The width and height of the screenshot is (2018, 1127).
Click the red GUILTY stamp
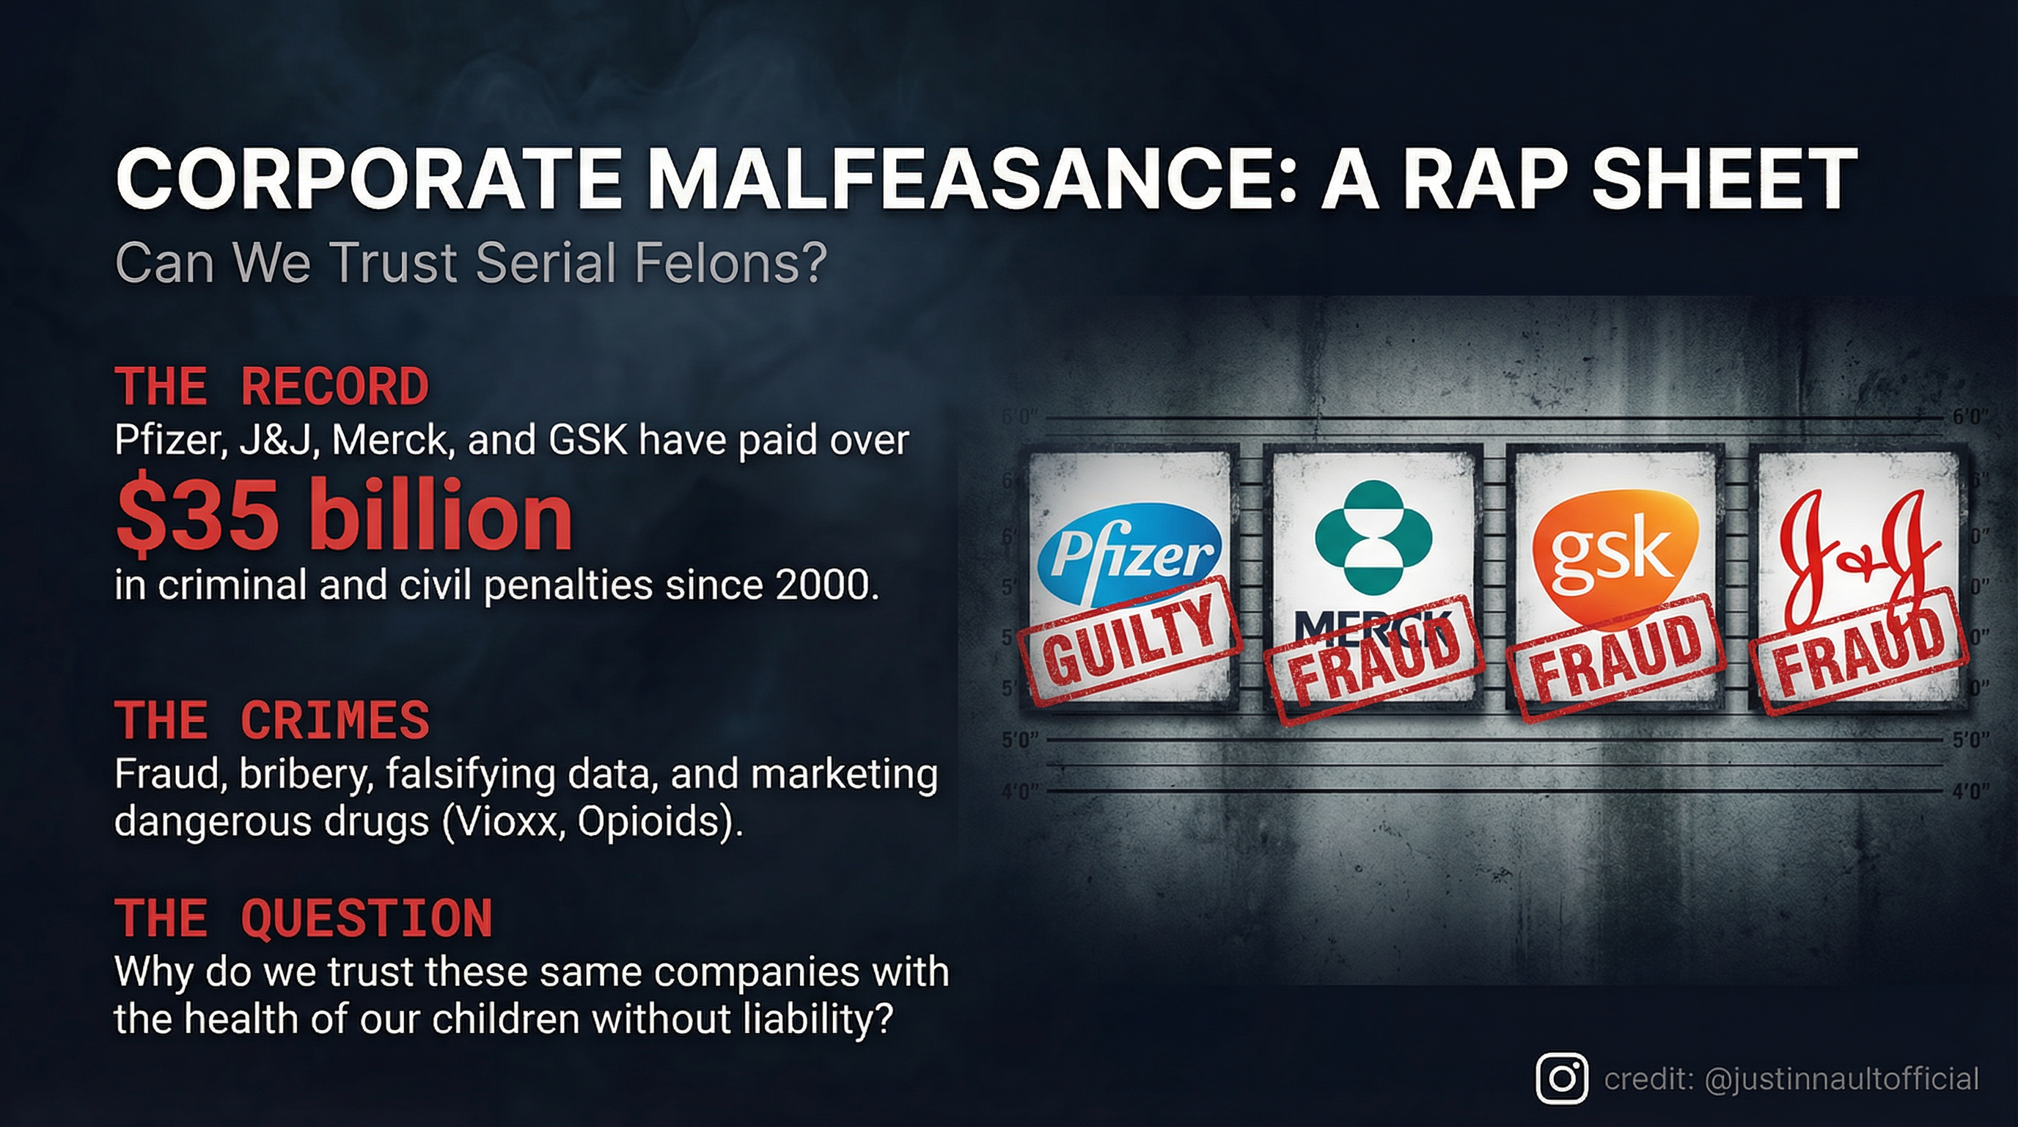(x=1128, y=640)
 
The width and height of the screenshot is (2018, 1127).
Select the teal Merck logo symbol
(x=1373, y=536)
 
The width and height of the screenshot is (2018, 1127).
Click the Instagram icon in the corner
(x=1562, y=1079)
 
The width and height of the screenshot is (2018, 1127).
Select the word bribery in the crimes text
(x=302, y=774)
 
